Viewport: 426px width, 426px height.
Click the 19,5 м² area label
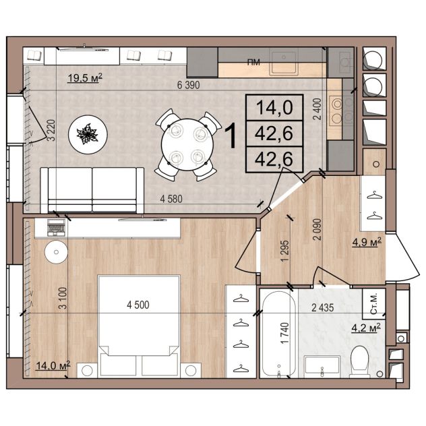[85, 78]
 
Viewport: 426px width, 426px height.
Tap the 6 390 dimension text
[188, 85]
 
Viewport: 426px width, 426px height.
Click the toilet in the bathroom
[360, 362]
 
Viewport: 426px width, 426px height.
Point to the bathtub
[279, 334]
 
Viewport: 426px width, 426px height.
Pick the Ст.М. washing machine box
[374, 304]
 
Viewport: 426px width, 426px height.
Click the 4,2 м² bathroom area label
[366, 328]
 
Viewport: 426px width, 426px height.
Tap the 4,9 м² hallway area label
[367, 242]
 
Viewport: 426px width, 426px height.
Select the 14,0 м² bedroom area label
[53, 365]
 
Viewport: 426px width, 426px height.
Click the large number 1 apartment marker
[231, 135]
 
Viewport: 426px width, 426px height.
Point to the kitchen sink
[284, 62]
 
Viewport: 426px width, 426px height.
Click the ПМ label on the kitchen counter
[253, 63]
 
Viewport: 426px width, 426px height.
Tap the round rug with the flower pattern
[88, 135]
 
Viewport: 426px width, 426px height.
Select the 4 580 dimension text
[171, 199]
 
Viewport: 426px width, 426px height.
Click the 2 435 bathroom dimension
[322, 308]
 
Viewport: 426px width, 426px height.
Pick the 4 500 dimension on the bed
[138, 305]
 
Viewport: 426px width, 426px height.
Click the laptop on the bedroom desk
[56, 228]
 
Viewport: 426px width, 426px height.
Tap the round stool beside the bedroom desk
[56, 252]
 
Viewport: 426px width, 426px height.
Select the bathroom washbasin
[322, 367]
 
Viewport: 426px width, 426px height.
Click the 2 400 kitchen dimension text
[317, 109]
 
